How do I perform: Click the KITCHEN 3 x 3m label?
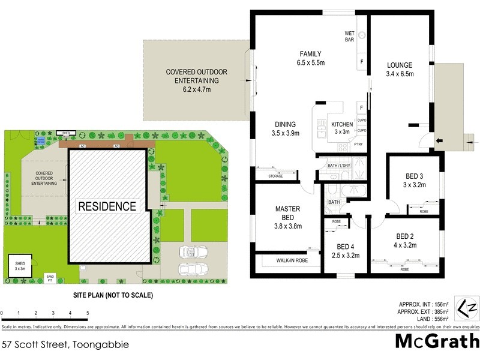tap(342, 128)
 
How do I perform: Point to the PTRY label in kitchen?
tap(358, 144)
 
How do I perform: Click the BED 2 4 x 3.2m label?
tap(406, 240)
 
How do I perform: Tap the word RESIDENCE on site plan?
tap(107, 206)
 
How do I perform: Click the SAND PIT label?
tap(50, 278)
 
